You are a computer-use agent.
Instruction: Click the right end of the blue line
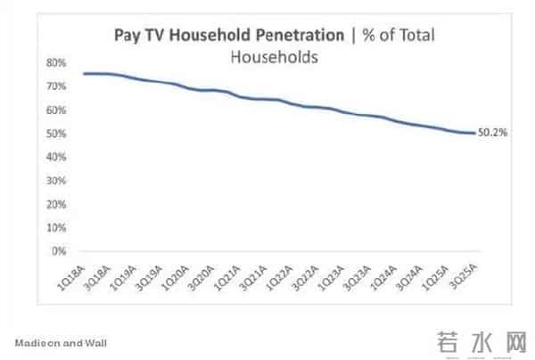click(x=473, y=134)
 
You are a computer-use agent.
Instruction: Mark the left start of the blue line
click(x=84, y=74)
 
